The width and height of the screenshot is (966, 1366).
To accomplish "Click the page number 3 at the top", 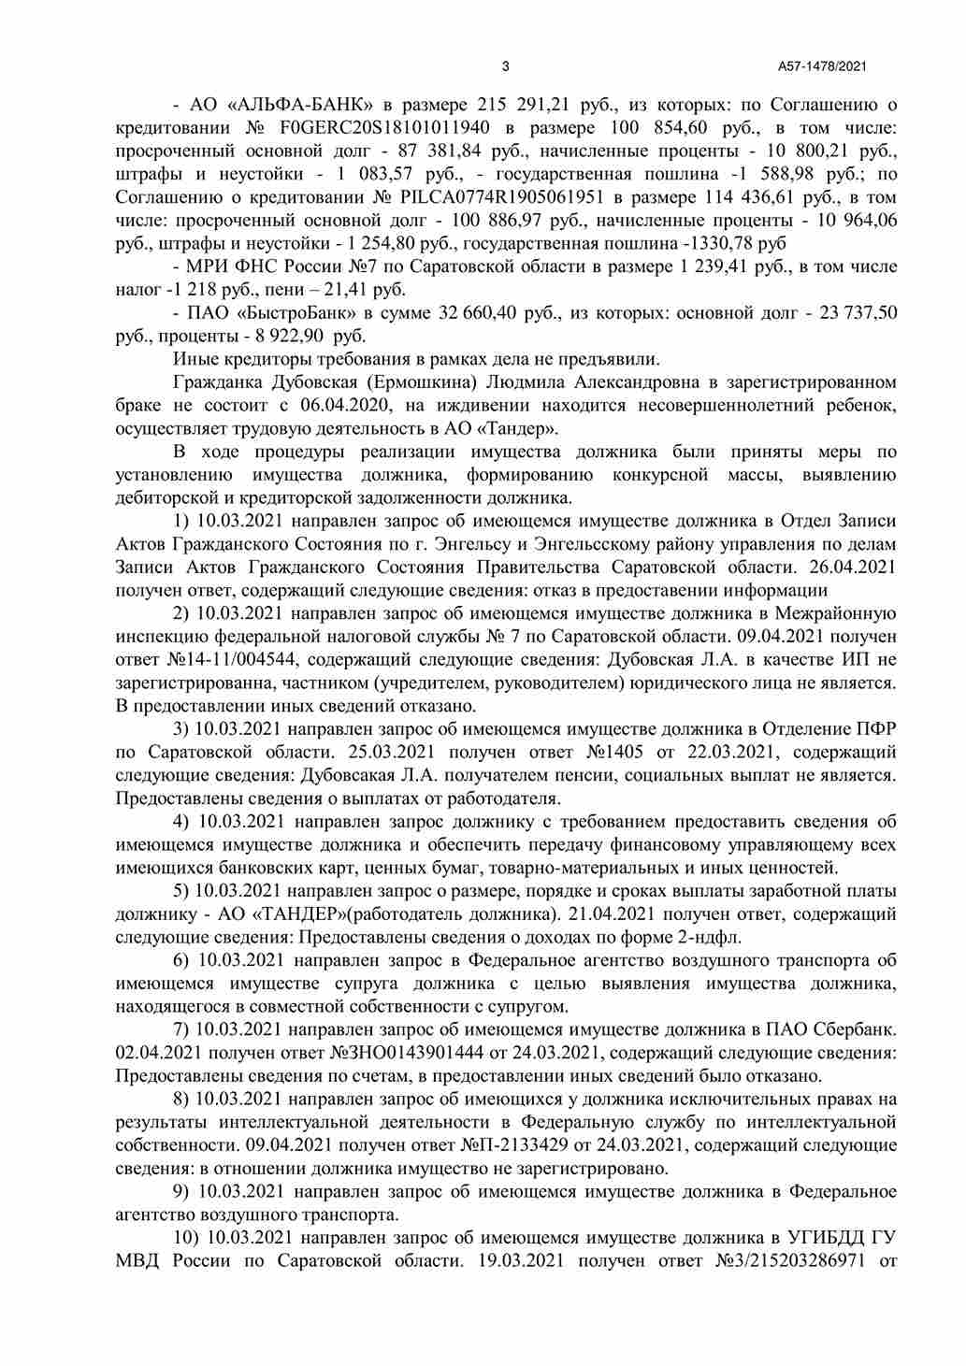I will [x=506, y=66].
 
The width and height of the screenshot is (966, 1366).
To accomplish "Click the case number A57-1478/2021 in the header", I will [x=823, y=66].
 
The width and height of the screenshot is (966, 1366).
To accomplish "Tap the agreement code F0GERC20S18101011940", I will [x=384, y=128].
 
